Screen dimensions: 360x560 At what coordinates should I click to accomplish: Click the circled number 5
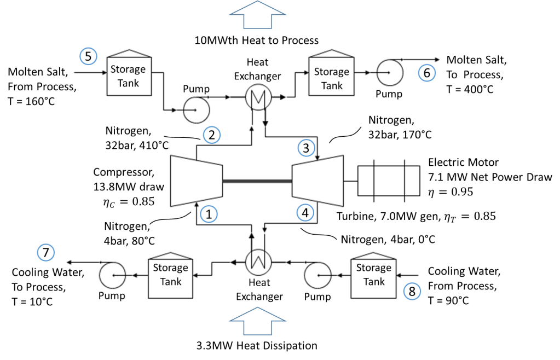click(x=88, y=55)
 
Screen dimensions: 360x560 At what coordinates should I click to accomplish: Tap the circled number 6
click(x=427, y=72)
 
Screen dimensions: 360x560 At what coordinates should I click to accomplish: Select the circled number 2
click(x=211, y=135)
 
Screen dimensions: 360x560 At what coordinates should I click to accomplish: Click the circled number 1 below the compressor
click(x=208, y=214)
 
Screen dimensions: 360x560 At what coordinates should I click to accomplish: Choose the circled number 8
click(x=412, y=291)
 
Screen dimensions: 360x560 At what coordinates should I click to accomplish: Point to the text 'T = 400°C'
click(x=470, y=88)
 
